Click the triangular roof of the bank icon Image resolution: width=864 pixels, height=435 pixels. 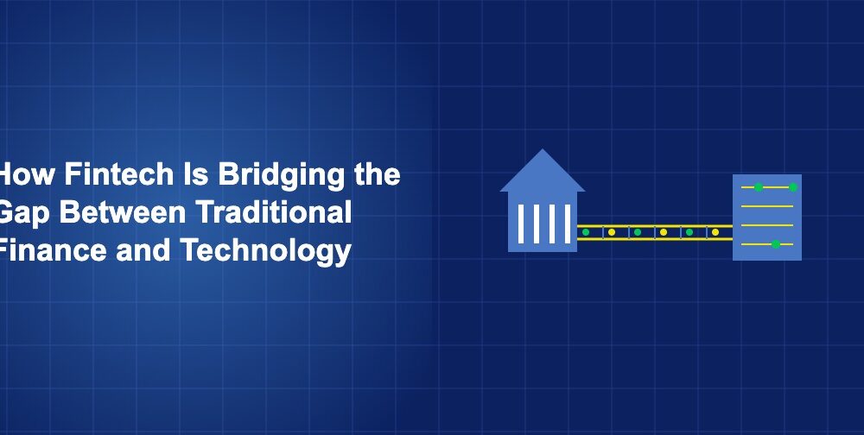coord(543,173)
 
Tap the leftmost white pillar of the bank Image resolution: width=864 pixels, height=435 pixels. coord(521,223)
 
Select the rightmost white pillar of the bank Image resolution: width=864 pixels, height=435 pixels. coord(565,223)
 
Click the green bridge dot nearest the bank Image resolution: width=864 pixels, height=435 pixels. coord(586,232)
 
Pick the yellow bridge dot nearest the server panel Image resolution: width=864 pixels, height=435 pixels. coord(715,232)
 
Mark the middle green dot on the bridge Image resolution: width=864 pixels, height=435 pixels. coord(638,232)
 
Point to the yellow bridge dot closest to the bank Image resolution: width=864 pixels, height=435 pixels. coord(612,232)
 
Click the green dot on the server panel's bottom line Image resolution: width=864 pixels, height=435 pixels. coord(775,244)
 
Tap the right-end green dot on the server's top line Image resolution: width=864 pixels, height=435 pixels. coord(792,187)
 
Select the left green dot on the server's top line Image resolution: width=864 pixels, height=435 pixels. coord(758,187)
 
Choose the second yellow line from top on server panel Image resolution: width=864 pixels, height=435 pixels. coord(766,206)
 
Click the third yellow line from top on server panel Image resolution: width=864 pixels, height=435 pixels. coord(766,225)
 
